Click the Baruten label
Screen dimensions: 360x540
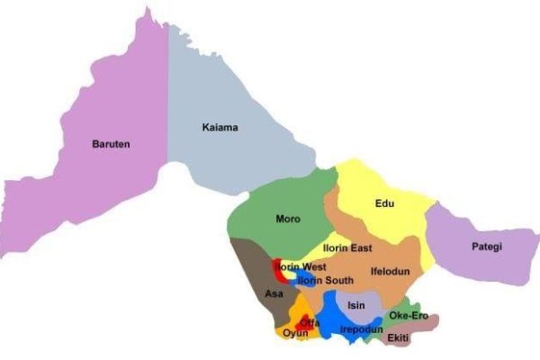(112, 143)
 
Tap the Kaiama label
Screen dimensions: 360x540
(220, 128)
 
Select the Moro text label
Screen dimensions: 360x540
(288, 218)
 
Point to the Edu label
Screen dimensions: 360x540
(384, 203)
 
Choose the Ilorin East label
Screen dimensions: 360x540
(347, 247)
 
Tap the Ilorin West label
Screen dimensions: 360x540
(300, 267)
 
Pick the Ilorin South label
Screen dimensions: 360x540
(325, 281)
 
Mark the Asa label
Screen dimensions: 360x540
(274, 293)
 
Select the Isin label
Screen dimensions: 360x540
(356, 305)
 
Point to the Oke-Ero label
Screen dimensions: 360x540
(408, 316)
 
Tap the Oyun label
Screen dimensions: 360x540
(296, 333)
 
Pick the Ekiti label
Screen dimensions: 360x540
(399, 337)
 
